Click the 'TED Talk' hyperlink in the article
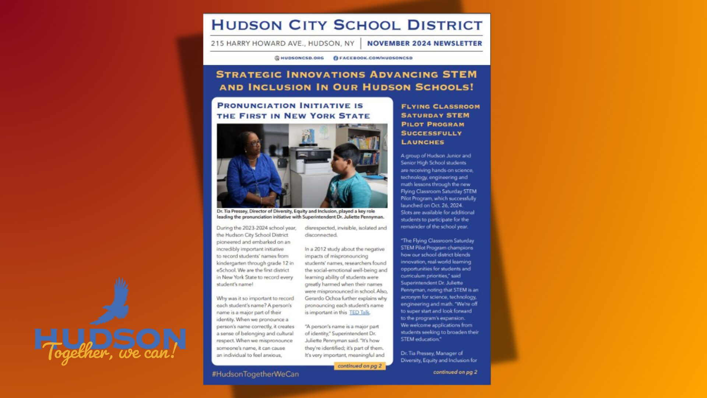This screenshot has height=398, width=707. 359,313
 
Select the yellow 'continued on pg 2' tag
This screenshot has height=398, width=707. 359,366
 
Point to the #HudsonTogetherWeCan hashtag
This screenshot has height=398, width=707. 255,374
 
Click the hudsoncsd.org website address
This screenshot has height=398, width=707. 302,58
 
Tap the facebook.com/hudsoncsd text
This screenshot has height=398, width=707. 376,58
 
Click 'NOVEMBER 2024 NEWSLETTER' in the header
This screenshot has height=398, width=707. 424,43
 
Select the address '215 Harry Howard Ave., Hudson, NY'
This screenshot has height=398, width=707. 282,43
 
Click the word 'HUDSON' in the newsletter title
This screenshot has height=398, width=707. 247,25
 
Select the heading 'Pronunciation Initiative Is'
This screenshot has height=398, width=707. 290,106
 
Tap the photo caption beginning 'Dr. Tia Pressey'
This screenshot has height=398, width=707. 300,214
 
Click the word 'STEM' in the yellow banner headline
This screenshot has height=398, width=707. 460,74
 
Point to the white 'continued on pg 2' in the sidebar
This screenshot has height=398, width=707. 455,372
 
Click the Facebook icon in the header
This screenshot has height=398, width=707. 335,58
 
